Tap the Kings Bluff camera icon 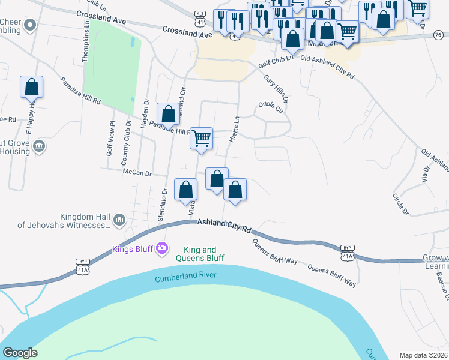(161, 248)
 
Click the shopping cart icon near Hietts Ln (202, 138)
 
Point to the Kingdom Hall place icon (119, 221)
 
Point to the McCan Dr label (137, 172)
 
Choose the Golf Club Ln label (276, 60)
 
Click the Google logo (20, 353)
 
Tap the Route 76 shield (441, 36)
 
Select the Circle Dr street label (400, 204)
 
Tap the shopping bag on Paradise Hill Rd (168, 113)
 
